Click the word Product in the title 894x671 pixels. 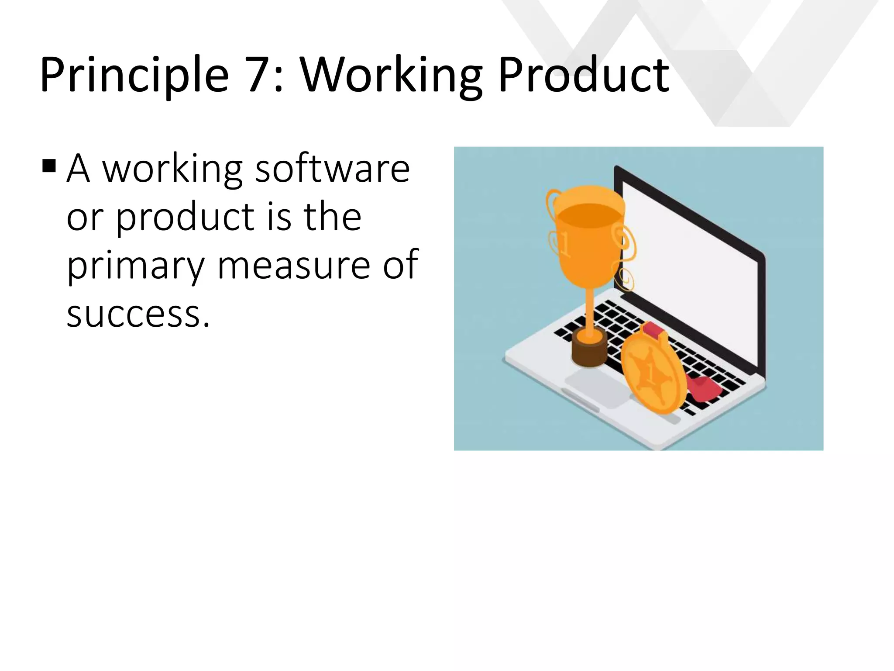[583, 75]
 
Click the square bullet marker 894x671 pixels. [49, 166]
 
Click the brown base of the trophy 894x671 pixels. [589, 349]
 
